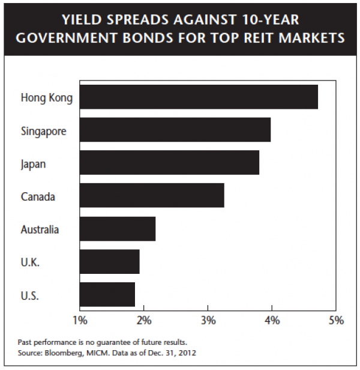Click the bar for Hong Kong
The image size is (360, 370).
click(x=198, y=97)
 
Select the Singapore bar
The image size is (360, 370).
click(x=175, y=130)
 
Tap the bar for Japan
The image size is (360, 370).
click(x=169, y=162)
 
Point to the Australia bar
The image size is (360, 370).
click(x=117, y=229)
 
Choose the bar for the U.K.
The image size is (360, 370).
click(x=109, y=262)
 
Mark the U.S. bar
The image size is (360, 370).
click(x=107, y=294)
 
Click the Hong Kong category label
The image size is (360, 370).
click(x=46, y=97)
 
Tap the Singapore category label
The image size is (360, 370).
click(x=44, y=130)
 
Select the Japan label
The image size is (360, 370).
click(x=33, y=163)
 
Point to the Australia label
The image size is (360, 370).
click(x=40, y=229)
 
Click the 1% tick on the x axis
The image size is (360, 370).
click(x=80, y=320)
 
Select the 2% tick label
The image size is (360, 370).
click(x=144, y=320)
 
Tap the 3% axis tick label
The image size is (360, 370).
click(x=208, y=320)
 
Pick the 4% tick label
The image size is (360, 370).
click(x=272, y=320)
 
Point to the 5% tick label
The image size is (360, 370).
click(x=336, y=320)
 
